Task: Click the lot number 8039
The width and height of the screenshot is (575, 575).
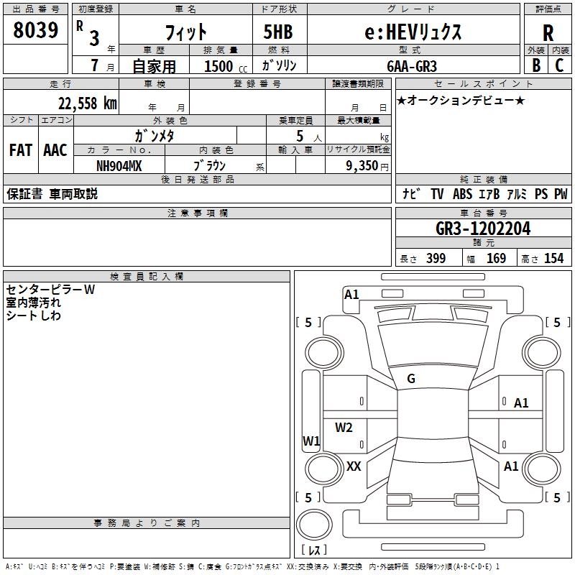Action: (35, 30)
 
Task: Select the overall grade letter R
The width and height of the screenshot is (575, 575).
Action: (548, 33)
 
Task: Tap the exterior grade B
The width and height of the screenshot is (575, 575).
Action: (535, 65)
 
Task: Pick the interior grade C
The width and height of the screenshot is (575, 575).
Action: (560, 65)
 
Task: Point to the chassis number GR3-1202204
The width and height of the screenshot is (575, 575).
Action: (483, 229)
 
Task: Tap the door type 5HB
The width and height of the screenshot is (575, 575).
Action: (278, 32)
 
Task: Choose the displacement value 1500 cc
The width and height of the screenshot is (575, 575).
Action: (219, 66)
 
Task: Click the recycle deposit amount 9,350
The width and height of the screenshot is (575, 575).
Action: (357, 166)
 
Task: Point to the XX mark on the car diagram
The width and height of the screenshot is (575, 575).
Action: (354, 466)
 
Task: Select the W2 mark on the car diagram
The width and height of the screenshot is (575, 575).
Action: (344, 428)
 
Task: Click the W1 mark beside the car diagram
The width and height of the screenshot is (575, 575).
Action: (311, 441)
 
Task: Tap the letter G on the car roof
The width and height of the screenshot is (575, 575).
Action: (411, 379)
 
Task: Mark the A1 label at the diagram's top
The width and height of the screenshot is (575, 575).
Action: (351, 294)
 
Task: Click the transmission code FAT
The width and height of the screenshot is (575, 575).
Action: (21, 150)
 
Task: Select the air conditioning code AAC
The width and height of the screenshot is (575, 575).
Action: (55, 150)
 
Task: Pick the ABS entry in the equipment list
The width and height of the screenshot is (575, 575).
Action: (462, 194)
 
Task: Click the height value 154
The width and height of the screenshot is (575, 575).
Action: (553, 259)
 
